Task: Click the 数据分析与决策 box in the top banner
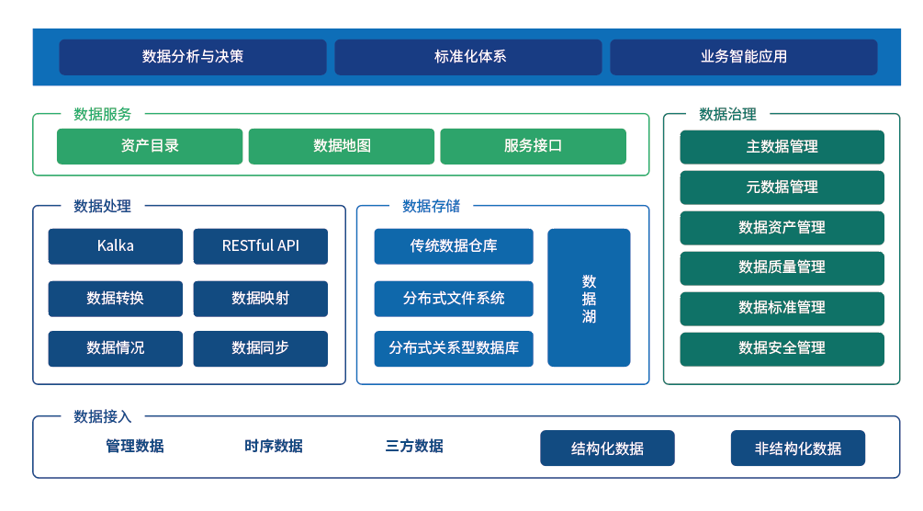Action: (x=193, y=57)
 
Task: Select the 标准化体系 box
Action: (x=468, y=57)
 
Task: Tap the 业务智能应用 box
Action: (x=743, y=57)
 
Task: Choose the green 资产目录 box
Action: (x=150, y=146)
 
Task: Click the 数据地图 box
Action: (x=342, y=146)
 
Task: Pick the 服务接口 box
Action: (x=533, y=146)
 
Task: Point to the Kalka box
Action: (x=116, y=246)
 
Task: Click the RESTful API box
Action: (x=261, y=246)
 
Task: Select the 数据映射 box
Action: (x=261, y=299)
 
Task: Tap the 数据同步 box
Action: (x=261, y=348)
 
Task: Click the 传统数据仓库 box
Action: (x=454, y=246)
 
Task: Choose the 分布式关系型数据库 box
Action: (x=454, y=348)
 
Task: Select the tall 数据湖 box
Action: (x=589, y=298)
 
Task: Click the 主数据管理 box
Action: (x=782, y=147)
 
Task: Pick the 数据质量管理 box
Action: (x=782, y=267)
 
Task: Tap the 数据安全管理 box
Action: (x=782, y=348)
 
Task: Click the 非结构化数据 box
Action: (x=797, y=449)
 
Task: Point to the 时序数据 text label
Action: (x=274, y=447)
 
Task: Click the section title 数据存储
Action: (x=431, y=206)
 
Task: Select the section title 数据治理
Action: (x=727, y=115)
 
